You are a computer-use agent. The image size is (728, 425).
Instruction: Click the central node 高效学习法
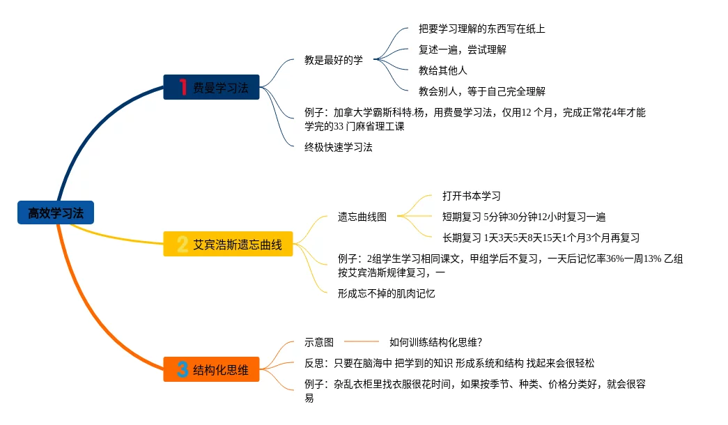tap(55, 213)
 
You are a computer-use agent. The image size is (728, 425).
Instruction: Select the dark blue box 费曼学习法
tap(211, 87)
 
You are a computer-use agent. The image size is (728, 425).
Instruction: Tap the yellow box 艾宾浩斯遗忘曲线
tap(228, 244)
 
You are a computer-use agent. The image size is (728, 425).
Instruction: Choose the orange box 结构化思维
tap(211, 369)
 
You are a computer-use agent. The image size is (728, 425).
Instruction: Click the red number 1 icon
tap(183, 87)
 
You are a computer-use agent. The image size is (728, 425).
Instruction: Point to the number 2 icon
tap(183, 244)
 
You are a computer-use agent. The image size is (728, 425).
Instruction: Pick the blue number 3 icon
tap(183, 369)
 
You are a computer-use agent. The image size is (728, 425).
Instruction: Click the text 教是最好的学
tap(334, 60)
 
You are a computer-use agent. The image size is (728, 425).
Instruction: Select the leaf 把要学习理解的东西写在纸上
tap(481, 29)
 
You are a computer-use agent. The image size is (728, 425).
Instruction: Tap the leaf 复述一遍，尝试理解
tap(462, 49)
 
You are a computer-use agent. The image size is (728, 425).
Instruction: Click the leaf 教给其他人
tap(442, 70)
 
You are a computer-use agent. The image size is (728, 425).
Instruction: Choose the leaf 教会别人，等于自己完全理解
tap(481, 91)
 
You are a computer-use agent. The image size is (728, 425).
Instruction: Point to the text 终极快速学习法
tap(339, 147)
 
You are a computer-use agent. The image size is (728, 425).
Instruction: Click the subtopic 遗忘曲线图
tap(362, 217)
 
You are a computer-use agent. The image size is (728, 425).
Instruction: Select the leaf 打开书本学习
tap(472, 196)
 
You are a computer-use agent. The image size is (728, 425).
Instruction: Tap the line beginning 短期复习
tap(524, 217)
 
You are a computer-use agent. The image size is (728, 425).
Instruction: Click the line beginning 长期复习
tap(541, 238)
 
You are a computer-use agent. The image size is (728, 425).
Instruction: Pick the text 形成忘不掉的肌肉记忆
tap(387, 293)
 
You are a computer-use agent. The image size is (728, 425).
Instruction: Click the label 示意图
tap(319, 342)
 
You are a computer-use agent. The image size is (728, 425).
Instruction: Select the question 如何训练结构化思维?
tap(436, 342)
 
